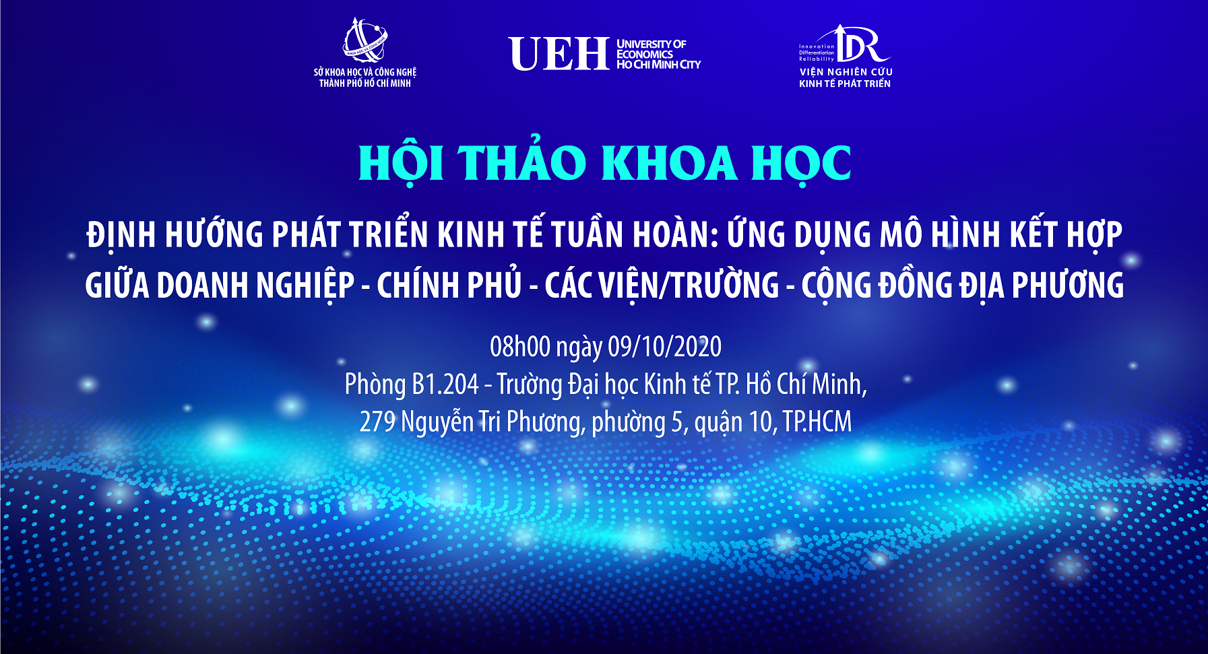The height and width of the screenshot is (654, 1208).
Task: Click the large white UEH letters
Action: [559, 54]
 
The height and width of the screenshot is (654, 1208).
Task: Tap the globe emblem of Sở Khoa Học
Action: [364, 40]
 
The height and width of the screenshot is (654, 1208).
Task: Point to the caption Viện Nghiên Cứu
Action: [846, 71]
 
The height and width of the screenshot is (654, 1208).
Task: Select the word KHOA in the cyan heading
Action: [668, 163]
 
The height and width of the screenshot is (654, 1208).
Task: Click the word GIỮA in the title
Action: [117, 284]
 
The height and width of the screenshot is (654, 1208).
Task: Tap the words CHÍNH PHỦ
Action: [449, 284]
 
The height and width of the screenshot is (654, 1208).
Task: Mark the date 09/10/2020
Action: [664, 346]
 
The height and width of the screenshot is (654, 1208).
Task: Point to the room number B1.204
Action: [445, 384]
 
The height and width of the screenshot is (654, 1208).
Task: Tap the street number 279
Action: [377, 422]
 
